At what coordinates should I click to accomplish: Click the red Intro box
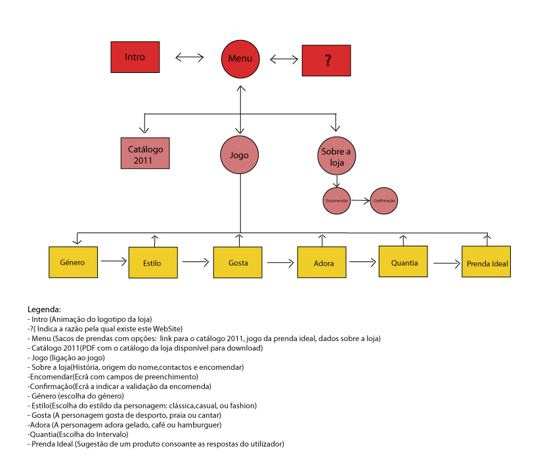pos(135,57)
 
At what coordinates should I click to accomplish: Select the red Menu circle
pos(240,58)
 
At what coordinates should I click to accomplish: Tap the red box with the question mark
pos(326,62)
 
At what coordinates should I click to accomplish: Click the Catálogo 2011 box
pos(146,154)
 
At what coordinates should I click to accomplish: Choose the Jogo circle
pos(240,156)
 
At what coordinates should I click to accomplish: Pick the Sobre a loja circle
pos(336,155)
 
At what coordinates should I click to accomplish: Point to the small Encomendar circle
pos(336,200)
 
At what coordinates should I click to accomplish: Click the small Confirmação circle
pos(385,200)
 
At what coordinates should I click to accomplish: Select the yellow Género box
pos(74,262)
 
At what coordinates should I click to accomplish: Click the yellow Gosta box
pos(238,263)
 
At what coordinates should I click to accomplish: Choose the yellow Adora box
pos(322,263)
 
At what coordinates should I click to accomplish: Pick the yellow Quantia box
pos(403,262)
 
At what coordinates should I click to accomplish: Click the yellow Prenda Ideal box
pos(487,264)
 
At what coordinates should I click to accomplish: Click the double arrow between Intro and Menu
pos(190,58)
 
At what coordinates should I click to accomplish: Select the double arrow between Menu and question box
pos(284,59)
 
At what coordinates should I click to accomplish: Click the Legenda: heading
pos(44,309)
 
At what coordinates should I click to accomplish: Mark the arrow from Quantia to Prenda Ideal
pos(446,263)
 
